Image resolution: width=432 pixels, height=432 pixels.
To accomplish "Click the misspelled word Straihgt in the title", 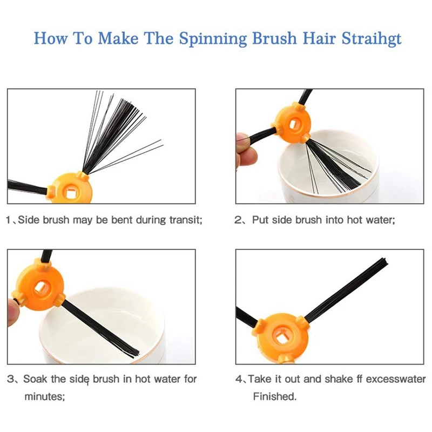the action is pyautogui.click(x=372, y=38).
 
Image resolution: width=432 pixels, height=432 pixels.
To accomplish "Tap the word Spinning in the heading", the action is pyautogui.click(x=213, y=38).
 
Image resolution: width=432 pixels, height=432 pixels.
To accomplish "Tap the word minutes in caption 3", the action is pyautogui.click(x=45, y=396).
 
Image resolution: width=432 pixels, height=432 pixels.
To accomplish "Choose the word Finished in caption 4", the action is pyautogui.click(x=275, y=396).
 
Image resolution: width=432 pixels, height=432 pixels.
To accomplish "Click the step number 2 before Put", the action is pyautogui.click(x=237, y=220).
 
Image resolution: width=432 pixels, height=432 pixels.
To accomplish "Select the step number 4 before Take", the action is pyautogui.click(x=239, y=379).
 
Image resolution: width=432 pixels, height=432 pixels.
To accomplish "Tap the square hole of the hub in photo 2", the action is pyautogui.click(x=294, y=125).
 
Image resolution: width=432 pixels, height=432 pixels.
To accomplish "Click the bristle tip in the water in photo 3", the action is pyautogui.click(x=137, y=355).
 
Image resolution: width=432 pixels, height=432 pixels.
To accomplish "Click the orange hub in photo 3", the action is pyautogui.click(x=40, y=288).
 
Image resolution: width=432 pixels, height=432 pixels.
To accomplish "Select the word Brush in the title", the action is pyautogui.click(x=274, y=38).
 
